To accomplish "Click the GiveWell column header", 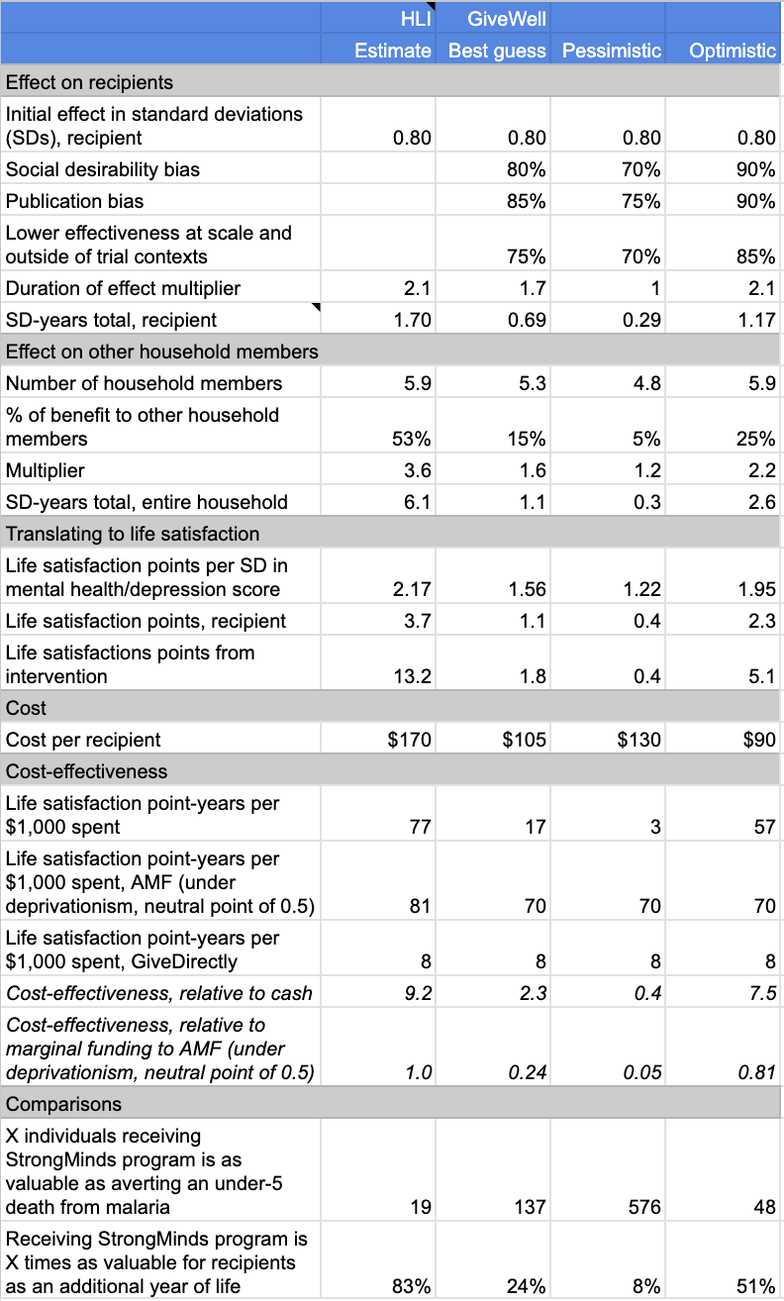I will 493,17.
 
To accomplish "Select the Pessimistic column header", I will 611,50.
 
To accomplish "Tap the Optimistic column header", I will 732,50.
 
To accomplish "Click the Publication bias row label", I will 74,201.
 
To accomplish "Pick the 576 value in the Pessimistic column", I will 643,1207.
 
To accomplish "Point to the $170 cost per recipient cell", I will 411,740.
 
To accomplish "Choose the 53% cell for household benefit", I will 414,439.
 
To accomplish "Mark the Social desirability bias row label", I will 103,169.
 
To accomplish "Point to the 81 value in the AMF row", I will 421,906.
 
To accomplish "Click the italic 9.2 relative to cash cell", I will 418,993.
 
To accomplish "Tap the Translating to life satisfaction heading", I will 133,534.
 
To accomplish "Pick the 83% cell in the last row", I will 412,1286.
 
